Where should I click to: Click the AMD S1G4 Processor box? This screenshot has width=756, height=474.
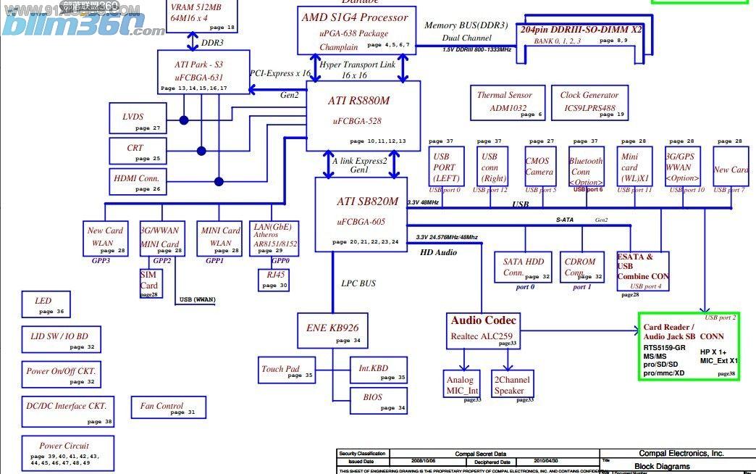click(x=354, y=30)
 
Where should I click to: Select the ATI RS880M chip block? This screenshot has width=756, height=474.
click(x=363, y=115)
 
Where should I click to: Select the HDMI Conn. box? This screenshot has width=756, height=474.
click(x=138, y=181)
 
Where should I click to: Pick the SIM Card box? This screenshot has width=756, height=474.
click(x=149, y=283)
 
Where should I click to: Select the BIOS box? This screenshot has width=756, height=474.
click(x=377, y=401)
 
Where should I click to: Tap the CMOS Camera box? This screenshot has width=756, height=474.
click(x=538, y=167)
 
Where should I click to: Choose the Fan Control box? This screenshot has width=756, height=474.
click(x=168, y=407)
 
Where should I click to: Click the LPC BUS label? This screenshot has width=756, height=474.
click(x=358, y=283)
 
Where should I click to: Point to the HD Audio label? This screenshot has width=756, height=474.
click(x=439, y=252)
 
